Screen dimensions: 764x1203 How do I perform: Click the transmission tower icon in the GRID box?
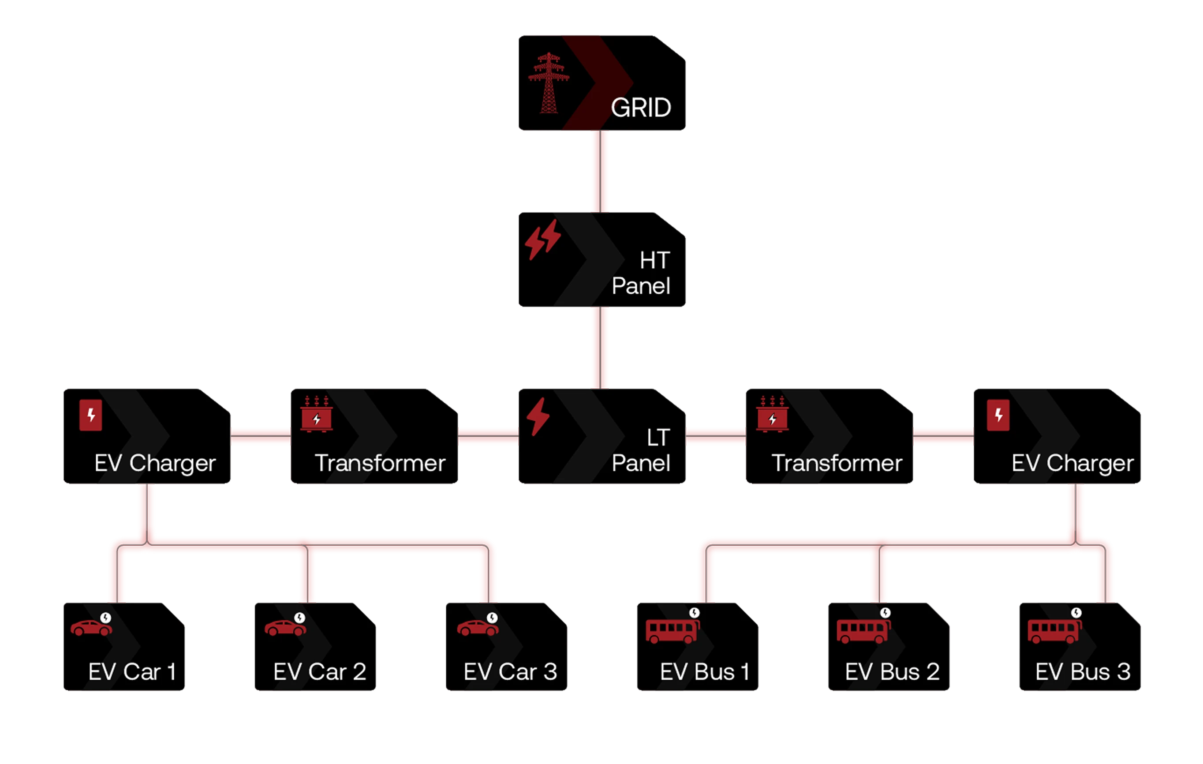click(x=549, y=83)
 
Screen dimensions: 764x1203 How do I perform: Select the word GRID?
click(x=641, y=108)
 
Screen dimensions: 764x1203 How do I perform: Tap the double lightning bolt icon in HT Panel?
click(x=542, y=240)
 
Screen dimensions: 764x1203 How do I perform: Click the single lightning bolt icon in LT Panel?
click(x=538, y=416)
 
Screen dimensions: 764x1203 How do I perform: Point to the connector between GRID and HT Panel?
click(x=599, y=172)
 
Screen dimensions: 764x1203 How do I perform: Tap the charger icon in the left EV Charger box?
click(x=91, y=415)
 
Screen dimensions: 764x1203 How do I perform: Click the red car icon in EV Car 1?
click(x=91, y=628)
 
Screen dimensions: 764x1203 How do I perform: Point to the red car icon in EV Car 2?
click(x=285, y=628)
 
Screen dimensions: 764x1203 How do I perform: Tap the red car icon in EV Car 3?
click(x=478, y=628)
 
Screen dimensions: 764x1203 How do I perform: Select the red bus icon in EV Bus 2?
click(x=862, y=631)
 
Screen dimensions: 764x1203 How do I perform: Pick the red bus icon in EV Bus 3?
click(x=1053, y=631)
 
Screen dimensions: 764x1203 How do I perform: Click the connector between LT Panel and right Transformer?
click(x=716, y=436)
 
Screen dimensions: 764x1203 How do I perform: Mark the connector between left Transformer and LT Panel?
click(x=488, y=436)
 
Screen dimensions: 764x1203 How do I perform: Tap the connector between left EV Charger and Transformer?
click(x=261, y=436)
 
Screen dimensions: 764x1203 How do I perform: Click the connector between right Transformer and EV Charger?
click(x=943, y=436)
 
